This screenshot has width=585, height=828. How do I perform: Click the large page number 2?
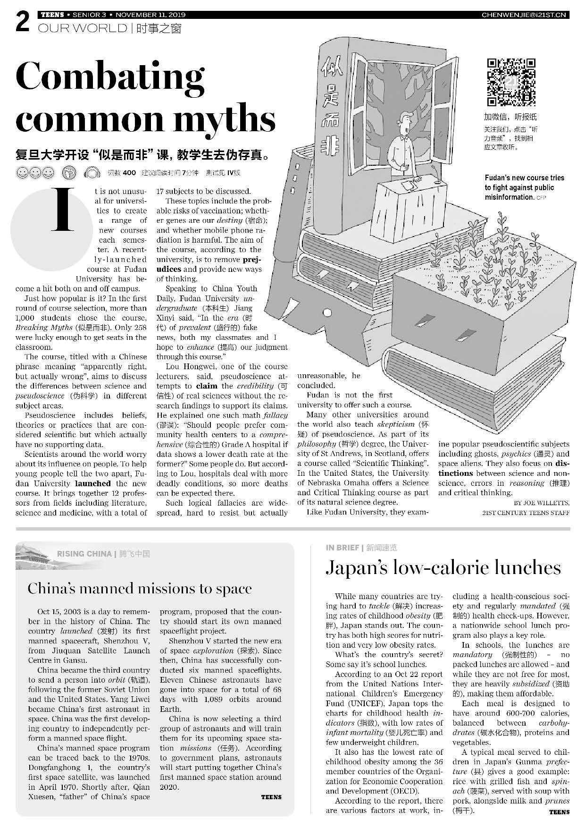tap(23, 23)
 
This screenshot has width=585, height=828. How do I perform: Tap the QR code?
tap(511, 82)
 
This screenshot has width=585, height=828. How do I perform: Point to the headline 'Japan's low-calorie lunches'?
tap(443, 567)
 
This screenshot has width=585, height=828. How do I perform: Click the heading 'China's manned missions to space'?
tap(140, 589)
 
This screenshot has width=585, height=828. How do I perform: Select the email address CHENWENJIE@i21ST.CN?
tap(525, 15)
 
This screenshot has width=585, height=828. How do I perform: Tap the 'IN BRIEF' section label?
tap(342, 548)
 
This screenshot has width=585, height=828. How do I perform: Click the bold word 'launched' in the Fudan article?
tap(93, 483)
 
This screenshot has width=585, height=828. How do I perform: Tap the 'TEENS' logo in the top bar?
tap(52, 15)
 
